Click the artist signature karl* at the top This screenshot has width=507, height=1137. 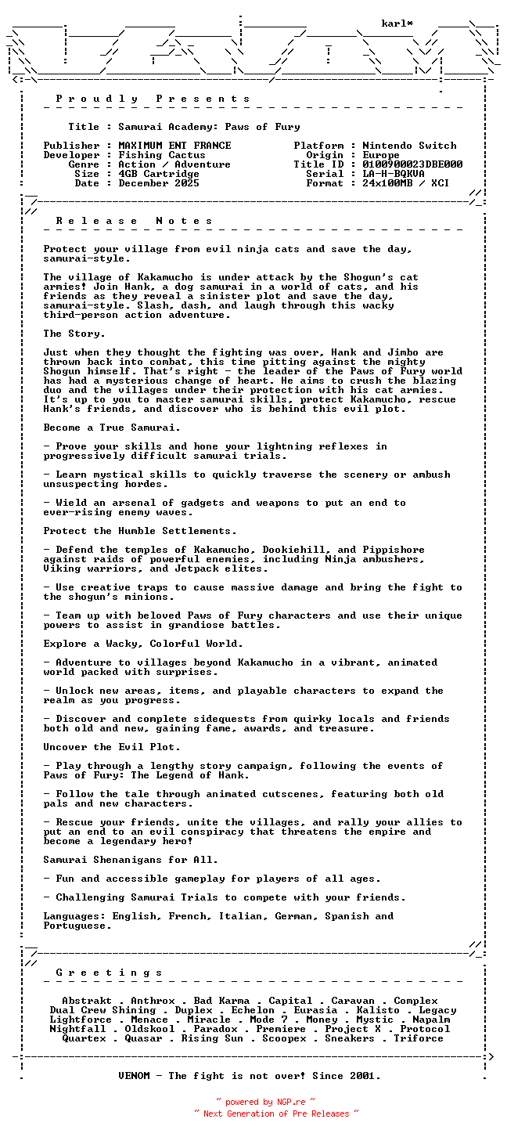pyautogui.click(x=397, y=23)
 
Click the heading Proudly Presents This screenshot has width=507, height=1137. pyautogui.click(x=153, y=99)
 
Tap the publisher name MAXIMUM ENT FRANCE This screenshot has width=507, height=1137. pyautogui.click(x=174, y=146)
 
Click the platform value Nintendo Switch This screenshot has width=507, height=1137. pyautogui.click(x=409, y=146)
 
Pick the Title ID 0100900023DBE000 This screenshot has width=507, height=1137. pyautogui.click(x=412, y=164)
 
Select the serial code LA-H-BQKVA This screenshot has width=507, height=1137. pyautogui.click(x=394, y=174)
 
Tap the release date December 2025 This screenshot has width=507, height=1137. pyautogui.click(x=159, y=183)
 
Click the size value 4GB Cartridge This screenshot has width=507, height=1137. pyautogui.click(x=159, y=174)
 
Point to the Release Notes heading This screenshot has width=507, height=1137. pyautogui.click(x=135, y=221)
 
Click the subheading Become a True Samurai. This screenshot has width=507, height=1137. pyautogui.click(x=112, y=428)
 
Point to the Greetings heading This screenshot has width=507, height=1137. pyautogui.click(x=110, y=973)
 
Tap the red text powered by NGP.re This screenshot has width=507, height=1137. pyautogui.click(x=265, y=1103)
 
